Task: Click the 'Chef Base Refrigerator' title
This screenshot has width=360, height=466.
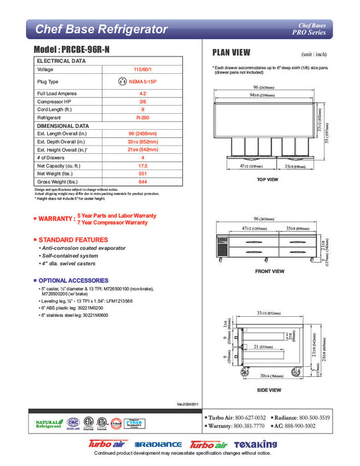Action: point(101,29)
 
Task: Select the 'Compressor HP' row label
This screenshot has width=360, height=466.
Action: point(56,101)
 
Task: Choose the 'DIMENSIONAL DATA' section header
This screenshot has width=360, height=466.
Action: point(63,125)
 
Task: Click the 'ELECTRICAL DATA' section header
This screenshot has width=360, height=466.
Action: point(61,61)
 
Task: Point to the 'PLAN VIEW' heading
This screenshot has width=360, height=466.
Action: point(231,53)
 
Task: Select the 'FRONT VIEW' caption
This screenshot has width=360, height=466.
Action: point(270,272)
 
